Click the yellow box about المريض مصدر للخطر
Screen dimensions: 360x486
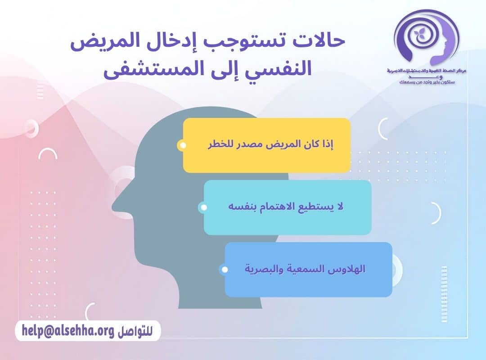pos(266,145)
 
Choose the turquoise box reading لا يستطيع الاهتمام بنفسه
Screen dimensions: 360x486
pos(287,207)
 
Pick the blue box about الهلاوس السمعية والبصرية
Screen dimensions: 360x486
pos(308,270)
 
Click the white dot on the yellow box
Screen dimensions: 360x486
pos(182,145)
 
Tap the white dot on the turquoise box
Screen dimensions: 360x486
pos(203,207)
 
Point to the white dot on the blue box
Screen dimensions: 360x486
pos(225,270)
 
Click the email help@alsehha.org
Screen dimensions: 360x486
pos(68,331)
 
